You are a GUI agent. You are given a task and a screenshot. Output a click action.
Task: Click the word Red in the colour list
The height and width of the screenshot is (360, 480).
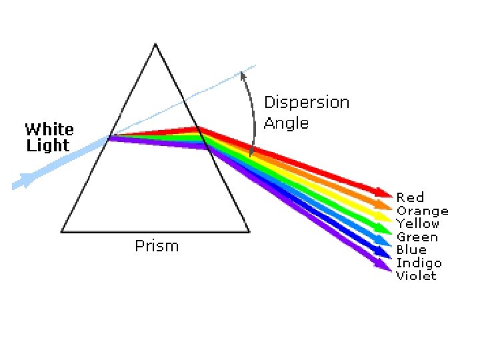(410, 197)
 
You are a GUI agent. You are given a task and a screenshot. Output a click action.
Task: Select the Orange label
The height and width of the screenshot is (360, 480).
(422, 211)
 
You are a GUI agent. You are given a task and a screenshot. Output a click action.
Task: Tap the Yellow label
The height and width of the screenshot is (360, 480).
(418, 224)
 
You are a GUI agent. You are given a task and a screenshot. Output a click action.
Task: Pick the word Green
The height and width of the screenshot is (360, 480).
(417, 237)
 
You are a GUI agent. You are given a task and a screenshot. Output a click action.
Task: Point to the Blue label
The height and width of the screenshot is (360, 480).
(411, 249)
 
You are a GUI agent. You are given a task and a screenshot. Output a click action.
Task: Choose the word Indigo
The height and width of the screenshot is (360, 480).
(419, 263)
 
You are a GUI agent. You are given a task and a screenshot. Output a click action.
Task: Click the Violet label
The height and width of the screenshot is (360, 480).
(416, 275)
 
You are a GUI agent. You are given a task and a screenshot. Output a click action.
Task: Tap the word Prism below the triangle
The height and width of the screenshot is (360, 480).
(157, 246)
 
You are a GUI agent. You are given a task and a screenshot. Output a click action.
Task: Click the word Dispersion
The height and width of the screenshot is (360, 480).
(307, 103)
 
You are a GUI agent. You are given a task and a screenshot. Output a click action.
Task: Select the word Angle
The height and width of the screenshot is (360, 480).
(286, 123)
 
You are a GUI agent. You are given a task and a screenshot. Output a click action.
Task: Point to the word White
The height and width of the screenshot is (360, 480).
(49, 129)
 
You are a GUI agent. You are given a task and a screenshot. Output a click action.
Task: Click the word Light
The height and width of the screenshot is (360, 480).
(48, 145)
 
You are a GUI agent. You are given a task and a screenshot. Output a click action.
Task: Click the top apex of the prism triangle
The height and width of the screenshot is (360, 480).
(155, 45)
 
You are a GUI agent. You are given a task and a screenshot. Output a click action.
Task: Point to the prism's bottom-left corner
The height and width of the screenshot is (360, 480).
(61, 231)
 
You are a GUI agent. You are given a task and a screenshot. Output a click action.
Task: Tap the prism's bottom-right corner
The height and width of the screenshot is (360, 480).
(249, 231)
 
